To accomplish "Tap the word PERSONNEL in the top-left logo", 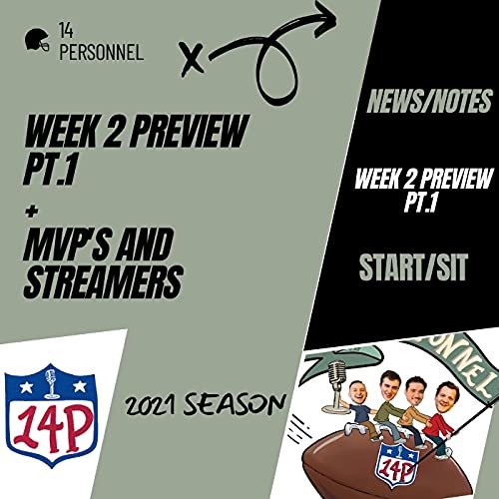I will tap(102, 53).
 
